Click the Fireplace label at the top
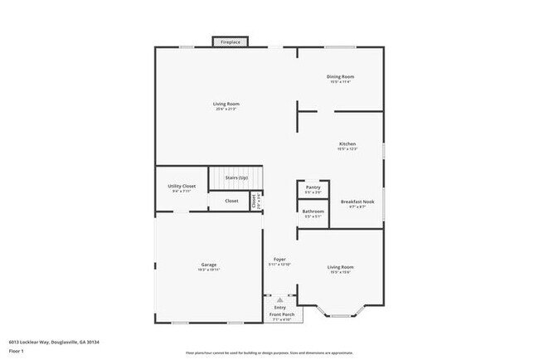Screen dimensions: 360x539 [x=230, y=41]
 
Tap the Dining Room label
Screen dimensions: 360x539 [x=341, y=76]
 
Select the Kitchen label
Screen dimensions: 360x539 [x=347, y=144]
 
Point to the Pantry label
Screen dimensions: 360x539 [x=313, y=187]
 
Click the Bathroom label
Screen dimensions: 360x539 [x=313, y=212]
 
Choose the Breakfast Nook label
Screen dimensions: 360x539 [x=358, y=202]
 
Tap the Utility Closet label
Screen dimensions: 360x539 [x=182, y=187]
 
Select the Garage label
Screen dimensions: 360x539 [x=207, y=265]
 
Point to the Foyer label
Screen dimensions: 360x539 [x=280, y=260]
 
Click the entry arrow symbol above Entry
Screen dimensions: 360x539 [x=279, y=300]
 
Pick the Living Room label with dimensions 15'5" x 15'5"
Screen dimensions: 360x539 [x=341, y=267]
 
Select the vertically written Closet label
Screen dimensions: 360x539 [x=254, y=200]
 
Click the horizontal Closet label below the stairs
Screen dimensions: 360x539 [x=231, y=201]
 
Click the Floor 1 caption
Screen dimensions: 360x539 [x=17, y=351]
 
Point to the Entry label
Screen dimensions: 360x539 [x=280, y=308]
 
